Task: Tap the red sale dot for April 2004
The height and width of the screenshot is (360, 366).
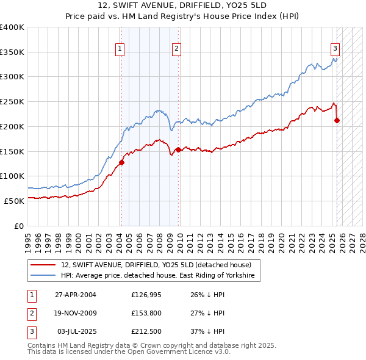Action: (x=121, y=162)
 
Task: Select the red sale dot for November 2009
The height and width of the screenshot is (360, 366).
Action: (x=178, y=149)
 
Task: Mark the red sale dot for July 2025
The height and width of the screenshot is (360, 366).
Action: (x=337, y=120)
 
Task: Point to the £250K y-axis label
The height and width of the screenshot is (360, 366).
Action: (x=12, y=101)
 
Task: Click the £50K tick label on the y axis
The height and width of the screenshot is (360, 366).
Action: (x=14, y=201)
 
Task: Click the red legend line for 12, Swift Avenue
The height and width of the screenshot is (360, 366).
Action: (x=43, y=264)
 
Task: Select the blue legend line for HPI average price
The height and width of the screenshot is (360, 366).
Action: (x=43, y=276)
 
